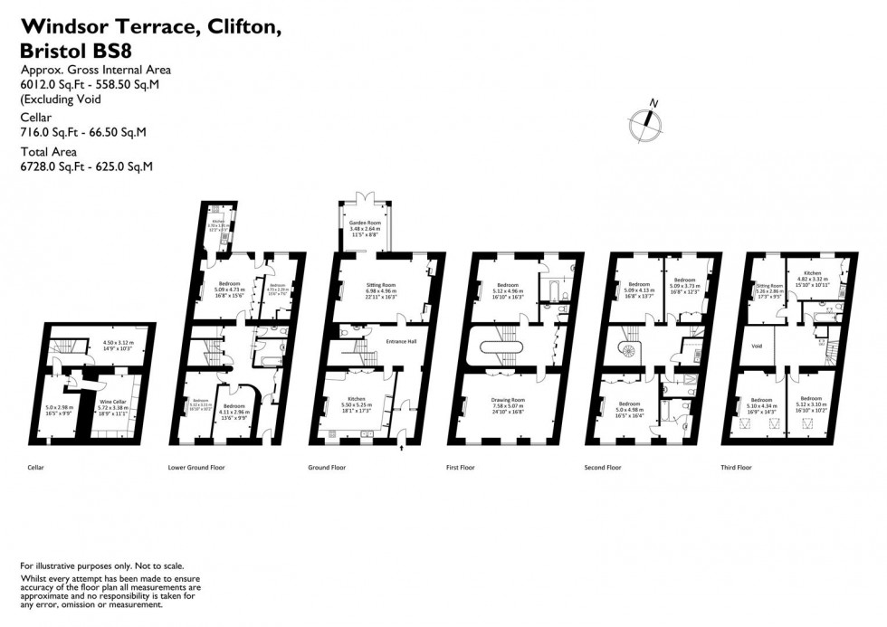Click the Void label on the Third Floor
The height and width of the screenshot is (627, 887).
(757, 345)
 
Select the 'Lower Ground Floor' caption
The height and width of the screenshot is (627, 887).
(196, 467)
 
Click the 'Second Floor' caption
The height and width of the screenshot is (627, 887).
(602, 467)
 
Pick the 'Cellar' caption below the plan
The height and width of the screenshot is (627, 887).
(35, 467)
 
